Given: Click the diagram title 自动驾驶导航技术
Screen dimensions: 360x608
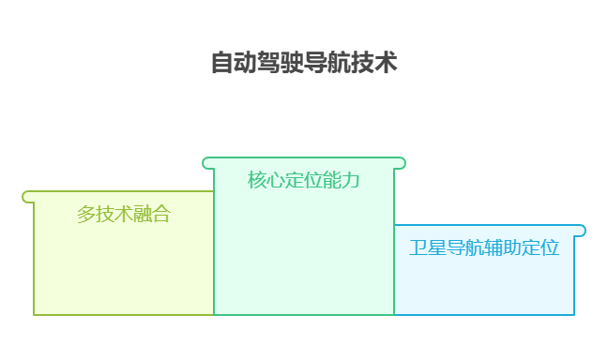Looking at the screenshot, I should coord(304,64).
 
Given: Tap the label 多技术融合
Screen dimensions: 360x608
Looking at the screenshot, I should coord(124,214).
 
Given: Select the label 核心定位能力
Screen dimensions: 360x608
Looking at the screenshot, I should coord(304,179).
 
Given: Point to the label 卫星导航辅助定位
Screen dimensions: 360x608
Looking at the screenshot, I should coord(484,247).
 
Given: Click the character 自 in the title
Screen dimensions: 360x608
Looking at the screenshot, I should coord(222,64).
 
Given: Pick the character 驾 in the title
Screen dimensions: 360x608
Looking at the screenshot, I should coord(269,64).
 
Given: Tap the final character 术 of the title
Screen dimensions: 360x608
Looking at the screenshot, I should coord(386,64).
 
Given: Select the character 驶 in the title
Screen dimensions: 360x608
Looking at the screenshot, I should coord(293,64).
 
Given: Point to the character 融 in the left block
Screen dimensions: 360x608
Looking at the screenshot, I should coord(143,214).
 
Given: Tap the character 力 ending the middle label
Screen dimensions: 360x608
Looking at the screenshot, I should coord(351,179).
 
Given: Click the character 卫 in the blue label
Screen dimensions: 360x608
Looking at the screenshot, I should coord(418,247).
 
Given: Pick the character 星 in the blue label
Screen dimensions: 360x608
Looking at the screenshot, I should coord(437,247).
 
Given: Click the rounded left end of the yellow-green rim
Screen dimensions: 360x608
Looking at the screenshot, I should coord(28,197).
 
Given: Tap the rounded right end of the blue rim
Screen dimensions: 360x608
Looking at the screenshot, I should coord(581,231).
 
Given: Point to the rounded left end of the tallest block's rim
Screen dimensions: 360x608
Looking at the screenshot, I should coord(208,163).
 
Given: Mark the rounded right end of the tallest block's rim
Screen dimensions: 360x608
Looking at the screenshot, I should coord(401,163).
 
